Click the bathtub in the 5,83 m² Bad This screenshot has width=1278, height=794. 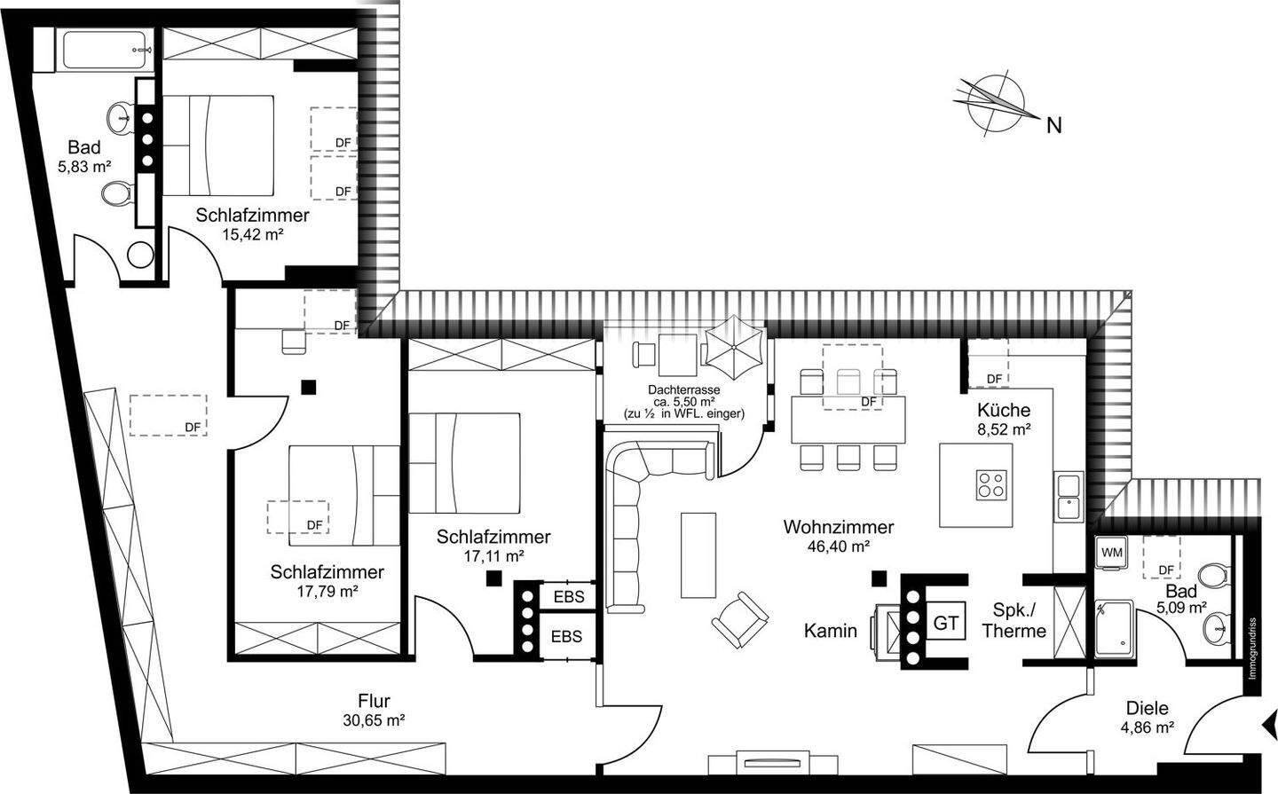pyautogui.click(x=107, y=50)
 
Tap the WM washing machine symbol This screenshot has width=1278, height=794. pyautogui.click(x=1111, y=553)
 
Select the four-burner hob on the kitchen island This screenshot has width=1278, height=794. pyautogui.click(x=990, y=485)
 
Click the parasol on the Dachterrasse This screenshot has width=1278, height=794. pyautogui.click(x=734, y=348)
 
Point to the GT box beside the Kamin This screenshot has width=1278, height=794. pyautogui.click(x=945, y=622)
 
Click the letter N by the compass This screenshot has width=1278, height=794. pyautogui.click(x=1053, y=125)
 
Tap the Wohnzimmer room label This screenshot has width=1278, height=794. pyautogui.click(x=838, y=526)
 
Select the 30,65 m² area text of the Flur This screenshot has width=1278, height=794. pyautogui.click(x=374, y=720)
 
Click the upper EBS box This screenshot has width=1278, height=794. pyautogui.click(x=569, y=597)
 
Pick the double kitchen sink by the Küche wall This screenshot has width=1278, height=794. pyautogui.click(x=1068, y=496)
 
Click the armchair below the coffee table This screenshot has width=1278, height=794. pyautogui.click(x=739, y=620)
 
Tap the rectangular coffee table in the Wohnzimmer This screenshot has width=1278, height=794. pyautogui.click(x=698, y=555)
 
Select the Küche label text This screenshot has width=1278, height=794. pyautogui.click(x=1004, y=410)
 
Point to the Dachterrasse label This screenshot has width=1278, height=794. pyautogui.click(x=683, y=389)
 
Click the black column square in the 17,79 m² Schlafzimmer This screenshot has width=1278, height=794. pyautogui.click(x=309, y=388)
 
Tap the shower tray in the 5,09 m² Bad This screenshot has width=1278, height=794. pyautogui.click(x=1115, y=628)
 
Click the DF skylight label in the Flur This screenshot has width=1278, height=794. pyautogui.click(x=193, y=428)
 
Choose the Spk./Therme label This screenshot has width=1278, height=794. pyautogui.click(x=1014, y=620)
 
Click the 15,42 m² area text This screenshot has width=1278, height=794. pyautogui.click(x=253, y=234)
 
